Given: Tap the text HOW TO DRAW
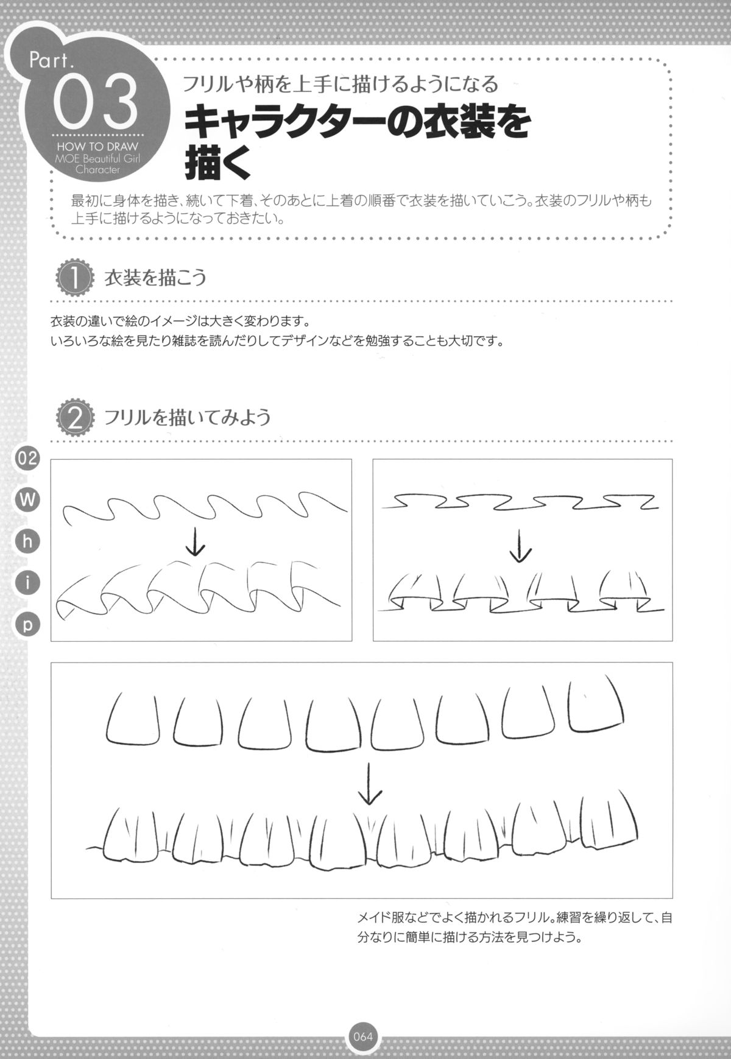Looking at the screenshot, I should click(97, 146).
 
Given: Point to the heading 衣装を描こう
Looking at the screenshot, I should click(156, 279).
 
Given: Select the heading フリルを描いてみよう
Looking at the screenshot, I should click(188, 418).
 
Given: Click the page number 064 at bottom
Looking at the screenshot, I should click(363, 1036).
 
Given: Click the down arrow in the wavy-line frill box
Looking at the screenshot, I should click(195, 542).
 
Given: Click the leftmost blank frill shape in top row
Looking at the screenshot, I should click(133, 720).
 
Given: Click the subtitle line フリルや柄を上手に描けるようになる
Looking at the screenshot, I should click(341, 83).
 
